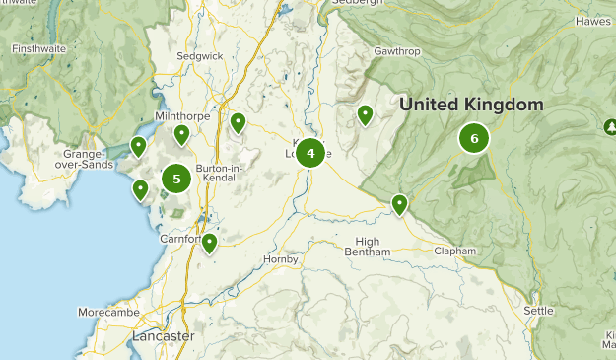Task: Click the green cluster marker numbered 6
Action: pyautogui.click(x=474, y=139)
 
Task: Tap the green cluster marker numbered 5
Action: pyautogui.click(x=176, y=179)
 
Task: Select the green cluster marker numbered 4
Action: pyautogui.click(x=310, y=152)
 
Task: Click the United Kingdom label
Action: pyautogui.click(x=471, y=105)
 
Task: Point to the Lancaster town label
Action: pyautogui.click(x=163, y=336)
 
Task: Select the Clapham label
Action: pyautogui.click(x=454, y=252)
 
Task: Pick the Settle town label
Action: pyautogui.click(x=538, y=311)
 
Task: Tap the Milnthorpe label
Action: pyautogui.click(x=183, y=115)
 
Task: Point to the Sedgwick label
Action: pyautogui.click(x=199, y=57)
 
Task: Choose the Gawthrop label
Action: pyautogui.click(x=397, y=49)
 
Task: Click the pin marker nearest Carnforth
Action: pyautogui.click(x=209, y=243)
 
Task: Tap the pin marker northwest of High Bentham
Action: pyautogui.click(x=399, y=204)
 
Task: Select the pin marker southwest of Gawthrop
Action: pyautogui.click(x=365, y=115)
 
